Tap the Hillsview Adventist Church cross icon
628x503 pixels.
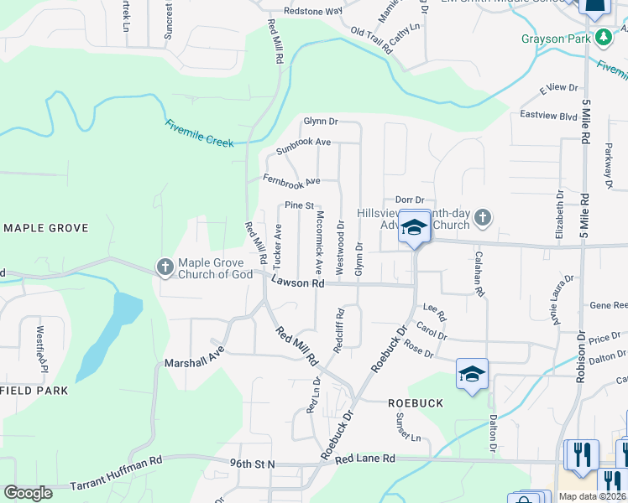482,218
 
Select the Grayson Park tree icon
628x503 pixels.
602,38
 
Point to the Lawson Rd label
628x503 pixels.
297,284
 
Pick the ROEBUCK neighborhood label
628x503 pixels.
415,402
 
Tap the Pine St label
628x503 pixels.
299,205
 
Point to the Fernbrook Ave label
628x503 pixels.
291,180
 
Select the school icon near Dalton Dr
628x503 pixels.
472,373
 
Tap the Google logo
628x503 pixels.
28,493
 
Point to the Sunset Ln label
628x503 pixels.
409,428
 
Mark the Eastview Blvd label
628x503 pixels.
549,115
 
